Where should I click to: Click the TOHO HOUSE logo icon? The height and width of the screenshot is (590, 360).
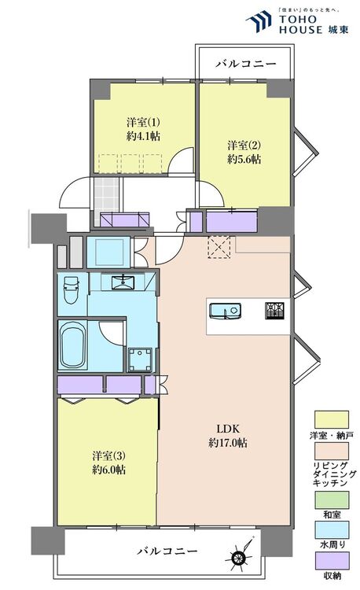point(258,21)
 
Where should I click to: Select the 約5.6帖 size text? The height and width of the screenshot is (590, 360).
point(244,159)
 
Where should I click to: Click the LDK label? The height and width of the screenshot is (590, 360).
point(228,429)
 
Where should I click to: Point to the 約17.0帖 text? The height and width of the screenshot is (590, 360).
point(228,442)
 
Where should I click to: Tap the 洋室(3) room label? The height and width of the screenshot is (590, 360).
point(109,456)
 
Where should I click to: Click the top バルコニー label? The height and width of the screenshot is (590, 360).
point(246,64)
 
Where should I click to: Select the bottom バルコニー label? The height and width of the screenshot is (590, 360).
point(167,551)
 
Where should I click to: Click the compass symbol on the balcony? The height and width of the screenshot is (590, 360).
point(241,552)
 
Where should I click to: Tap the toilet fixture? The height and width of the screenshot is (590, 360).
point(71,289)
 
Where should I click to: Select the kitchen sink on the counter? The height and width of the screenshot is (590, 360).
point(225,312)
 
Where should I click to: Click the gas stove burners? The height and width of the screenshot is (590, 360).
point(274,311)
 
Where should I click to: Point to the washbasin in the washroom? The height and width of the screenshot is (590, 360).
point(123,282)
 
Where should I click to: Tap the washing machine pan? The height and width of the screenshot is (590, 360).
point(140,360)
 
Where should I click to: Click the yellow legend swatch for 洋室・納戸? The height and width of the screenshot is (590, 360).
point(332,419)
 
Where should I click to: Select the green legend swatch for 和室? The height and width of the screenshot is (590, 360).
point(332,500)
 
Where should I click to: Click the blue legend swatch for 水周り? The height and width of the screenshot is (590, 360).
point(332,530)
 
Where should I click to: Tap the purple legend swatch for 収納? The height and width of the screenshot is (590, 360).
point(332,561)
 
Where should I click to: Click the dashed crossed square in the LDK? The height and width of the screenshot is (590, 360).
point(219,247)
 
